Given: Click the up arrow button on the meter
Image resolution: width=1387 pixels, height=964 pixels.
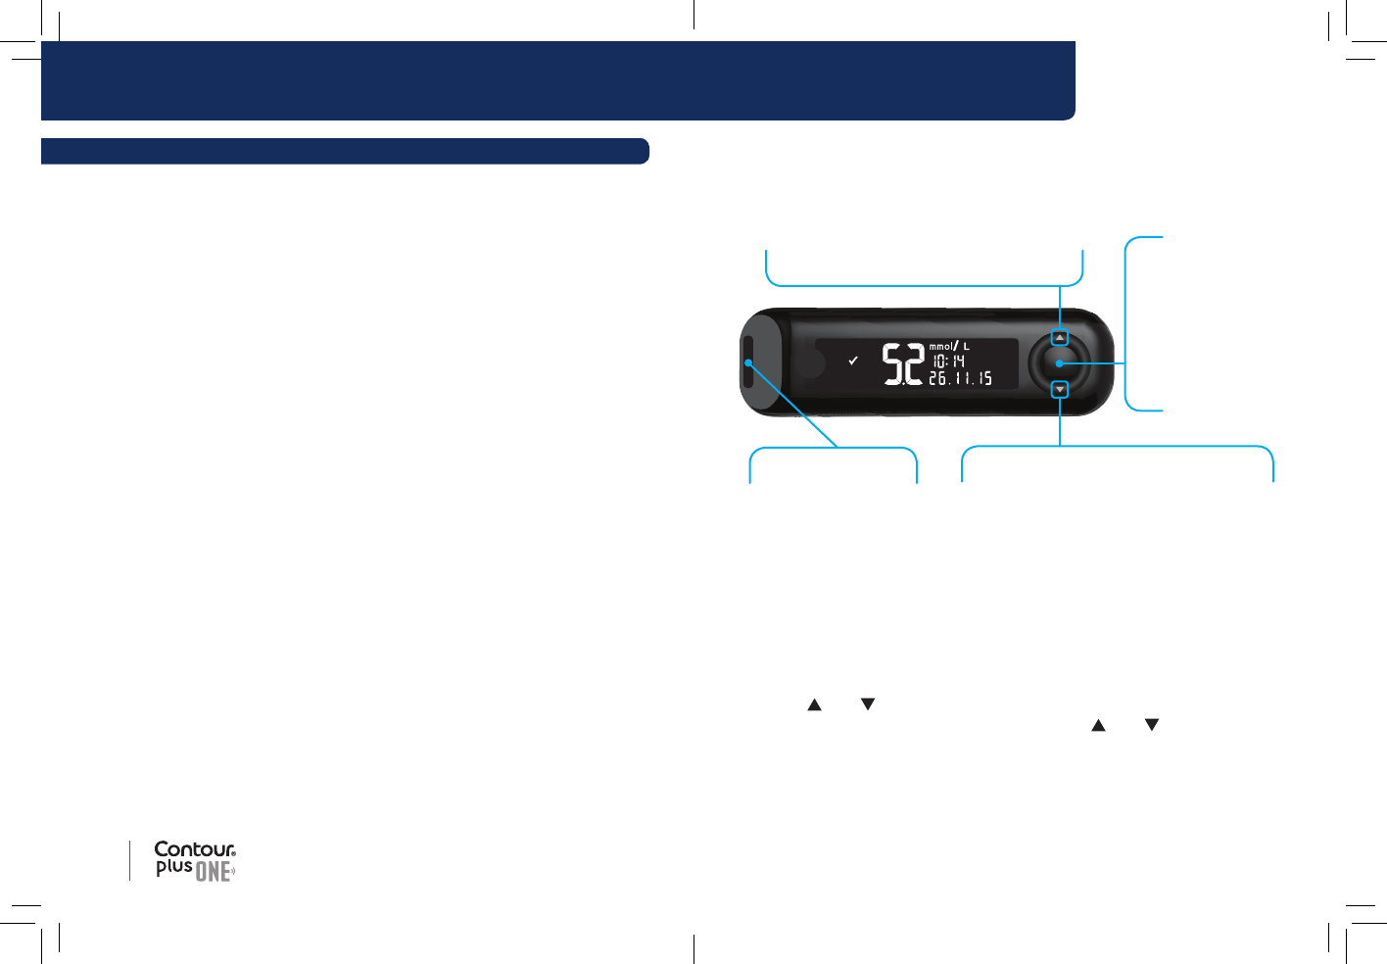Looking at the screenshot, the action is tap(1060, 338).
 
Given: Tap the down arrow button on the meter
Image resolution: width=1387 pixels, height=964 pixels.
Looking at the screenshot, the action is tap(1060, 390).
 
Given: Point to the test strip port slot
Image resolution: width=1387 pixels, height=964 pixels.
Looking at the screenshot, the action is tap(748, 362).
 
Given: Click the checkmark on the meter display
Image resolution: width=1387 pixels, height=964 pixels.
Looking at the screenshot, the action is tap(853, 361).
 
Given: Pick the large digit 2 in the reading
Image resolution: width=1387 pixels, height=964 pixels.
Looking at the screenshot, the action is tap(913, 363).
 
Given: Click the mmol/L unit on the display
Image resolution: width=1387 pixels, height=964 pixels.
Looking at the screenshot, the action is tap(948, 346).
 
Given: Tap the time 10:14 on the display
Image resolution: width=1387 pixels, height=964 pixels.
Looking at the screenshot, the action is tap(948, 361).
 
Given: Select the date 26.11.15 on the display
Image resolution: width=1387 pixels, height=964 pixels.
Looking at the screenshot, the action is tap(960, 378).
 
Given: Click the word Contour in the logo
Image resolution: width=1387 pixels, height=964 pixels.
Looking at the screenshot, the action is tap(194, 849).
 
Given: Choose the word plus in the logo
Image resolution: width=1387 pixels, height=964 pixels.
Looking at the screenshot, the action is tap(173, 867).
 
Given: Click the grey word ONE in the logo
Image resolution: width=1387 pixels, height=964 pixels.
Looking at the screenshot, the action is tap(213, 871).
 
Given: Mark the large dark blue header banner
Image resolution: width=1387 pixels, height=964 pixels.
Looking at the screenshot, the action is tap(558, 80).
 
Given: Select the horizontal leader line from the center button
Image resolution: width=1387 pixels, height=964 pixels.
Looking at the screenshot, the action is tap(1095, 363).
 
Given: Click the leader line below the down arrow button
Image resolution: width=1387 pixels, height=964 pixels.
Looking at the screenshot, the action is tap(1060, 421).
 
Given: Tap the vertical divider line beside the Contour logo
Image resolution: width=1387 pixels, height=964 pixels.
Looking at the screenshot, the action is tap(129, 860).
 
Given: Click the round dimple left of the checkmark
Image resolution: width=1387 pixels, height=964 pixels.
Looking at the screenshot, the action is tap(812, 363).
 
